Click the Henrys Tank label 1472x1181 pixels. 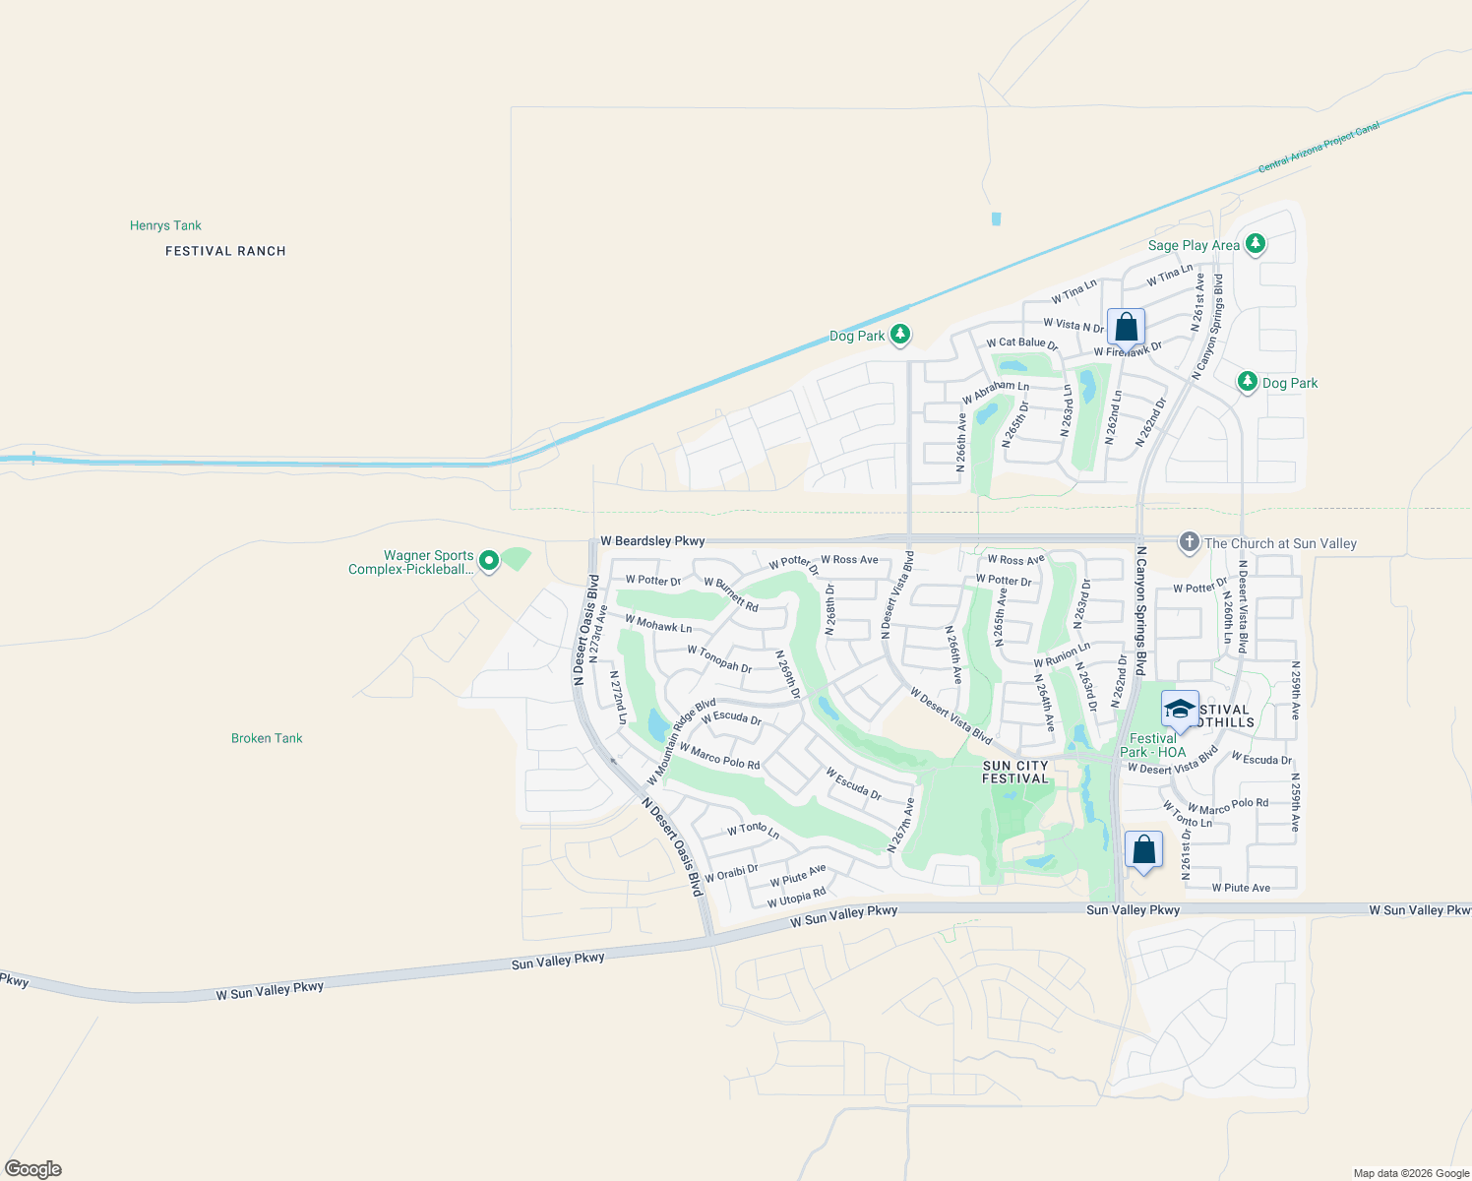point(165,225)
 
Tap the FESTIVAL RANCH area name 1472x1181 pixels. point(225,251)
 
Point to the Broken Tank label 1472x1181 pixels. point(267,738)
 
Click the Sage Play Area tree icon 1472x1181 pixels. point(1255,244)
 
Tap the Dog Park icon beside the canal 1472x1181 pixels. point(899,335)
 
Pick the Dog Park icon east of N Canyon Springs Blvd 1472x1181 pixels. point(1248,382)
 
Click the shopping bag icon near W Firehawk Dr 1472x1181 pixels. point(1126,327)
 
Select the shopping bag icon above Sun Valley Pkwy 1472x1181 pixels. point(1143,849)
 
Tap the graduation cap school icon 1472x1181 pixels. point(1179,709)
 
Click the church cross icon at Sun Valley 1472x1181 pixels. point(1189,542)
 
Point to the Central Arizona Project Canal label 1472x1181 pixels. point(1319,148)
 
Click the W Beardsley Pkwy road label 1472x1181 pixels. point(652,541)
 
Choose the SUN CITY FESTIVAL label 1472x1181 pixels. point(1015,772)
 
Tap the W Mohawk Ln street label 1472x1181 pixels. point(658,624)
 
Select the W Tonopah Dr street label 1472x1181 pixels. point(719,659)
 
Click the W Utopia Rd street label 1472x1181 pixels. point(796,898)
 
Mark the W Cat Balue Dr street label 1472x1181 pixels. point(1021,343)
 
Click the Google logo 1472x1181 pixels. point(33,1169)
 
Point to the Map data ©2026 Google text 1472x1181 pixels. point(1411,1173)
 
